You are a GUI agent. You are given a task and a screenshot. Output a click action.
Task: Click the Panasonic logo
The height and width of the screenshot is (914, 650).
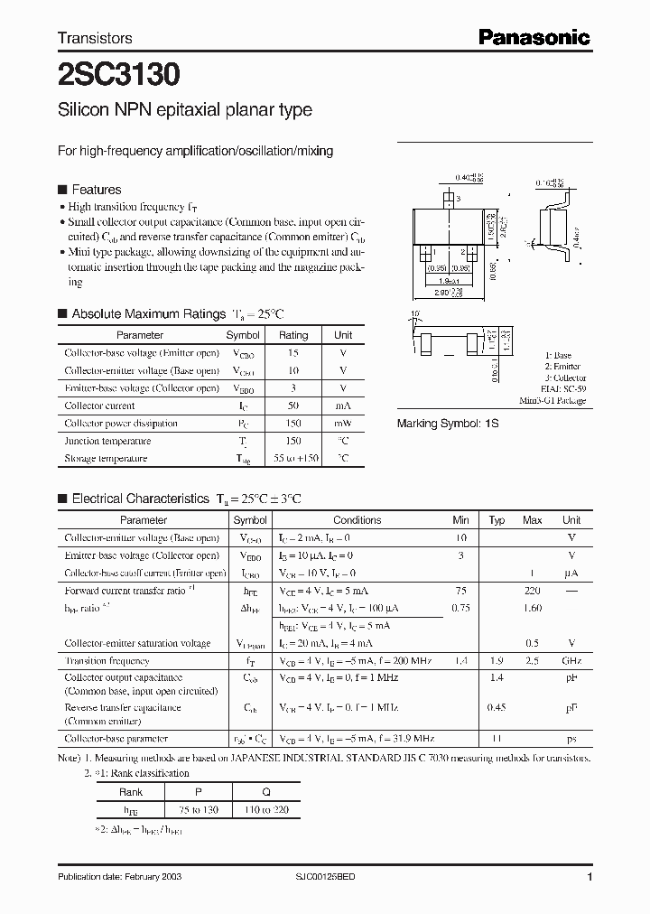[534, 37]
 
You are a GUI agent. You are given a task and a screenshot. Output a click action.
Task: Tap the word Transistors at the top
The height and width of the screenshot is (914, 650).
[95, 38]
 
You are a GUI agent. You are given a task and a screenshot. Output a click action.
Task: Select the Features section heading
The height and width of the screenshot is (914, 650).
[96, 190]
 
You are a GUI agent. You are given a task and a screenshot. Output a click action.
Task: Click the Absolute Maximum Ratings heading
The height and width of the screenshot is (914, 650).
[148, 313]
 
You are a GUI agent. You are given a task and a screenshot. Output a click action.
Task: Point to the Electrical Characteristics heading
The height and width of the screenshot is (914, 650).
[140, 498]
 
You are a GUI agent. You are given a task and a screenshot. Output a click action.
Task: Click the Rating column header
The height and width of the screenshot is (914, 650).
[292, 335]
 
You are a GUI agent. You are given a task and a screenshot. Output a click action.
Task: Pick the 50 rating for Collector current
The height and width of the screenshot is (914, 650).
[292, 406]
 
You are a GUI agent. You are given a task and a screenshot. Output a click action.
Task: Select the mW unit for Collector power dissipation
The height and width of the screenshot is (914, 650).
[343, 424]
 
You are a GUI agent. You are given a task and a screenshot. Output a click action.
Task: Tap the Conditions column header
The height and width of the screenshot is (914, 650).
[357, 520]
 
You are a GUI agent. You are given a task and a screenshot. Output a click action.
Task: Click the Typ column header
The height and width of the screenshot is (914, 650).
[497, 520]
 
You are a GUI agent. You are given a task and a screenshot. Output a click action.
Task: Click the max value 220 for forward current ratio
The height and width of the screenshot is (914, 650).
[532, 591]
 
